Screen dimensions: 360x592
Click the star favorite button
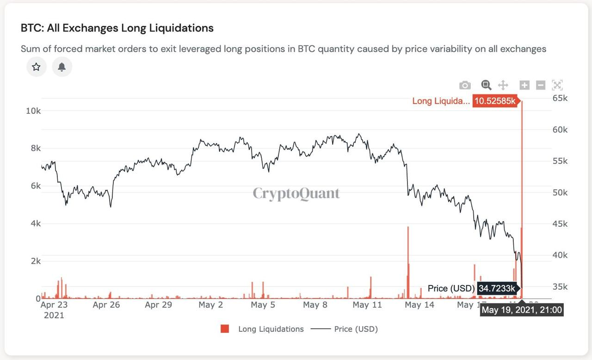tap(36, 67)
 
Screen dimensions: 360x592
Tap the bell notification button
tap(62, 67)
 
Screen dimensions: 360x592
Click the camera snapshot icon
tap(465, 85)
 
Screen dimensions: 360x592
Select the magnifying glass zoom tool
tap(486, 85)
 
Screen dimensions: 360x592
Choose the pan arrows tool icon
tap(503, 85)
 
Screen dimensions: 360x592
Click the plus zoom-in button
tap(524, 85)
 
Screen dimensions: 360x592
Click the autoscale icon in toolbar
tap(557, 85)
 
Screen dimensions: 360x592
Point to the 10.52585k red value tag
tap(495, 101)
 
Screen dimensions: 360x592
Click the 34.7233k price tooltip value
tap(497, 288)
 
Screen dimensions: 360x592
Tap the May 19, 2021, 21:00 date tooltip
tap(522, 310)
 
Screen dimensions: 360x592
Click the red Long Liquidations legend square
tap(225, 329)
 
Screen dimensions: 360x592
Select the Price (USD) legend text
tap(356, 329)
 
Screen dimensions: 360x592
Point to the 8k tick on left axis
tap(36, 148)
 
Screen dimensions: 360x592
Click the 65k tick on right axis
tap(560, 98)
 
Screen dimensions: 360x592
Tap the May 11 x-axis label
tap(367, 305)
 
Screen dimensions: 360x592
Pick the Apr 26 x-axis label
tap(106, 305)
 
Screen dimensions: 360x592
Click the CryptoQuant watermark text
tap(296, 193)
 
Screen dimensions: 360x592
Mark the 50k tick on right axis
tap(560, 192)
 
